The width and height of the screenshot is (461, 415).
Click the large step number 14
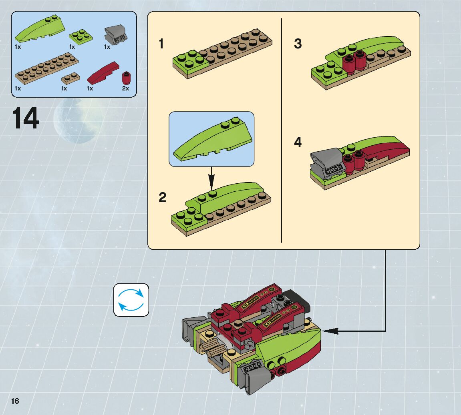click(x=25, y=118)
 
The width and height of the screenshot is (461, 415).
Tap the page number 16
click(x=15, y=401)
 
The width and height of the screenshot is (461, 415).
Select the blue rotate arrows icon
click(x=131, y=300)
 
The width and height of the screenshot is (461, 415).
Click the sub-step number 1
click(x=161, y=44)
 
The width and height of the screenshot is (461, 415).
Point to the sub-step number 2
click(x=162, y=197)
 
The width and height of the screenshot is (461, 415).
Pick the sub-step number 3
click(x=298, y=44)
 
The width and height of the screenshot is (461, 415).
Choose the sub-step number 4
click(x=298, y=142)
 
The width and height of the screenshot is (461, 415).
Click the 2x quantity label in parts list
click(x=125, y=88)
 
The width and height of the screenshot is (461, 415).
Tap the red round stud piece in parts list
click(x=126, y=78)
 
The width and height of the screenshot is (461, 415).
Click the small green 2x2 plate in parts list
click(x=81, y=36)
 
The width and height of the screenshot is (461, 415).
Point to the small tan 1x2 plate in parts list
click(x=70, y=78)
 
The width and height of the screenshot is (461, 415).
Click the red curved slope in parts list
click(x=103, y=72)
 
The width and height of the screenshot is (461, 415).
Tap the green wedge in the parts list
click(x=40, y=29)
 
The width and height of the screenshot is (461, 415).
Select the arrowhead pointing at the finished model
click(x=330, y=331)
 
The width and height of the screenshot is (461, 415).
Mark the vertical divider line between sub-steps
click(x=281, y=130)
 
